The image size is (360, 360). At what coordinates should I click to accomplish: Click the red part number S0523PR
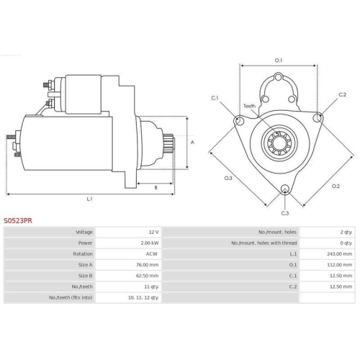tap(18, 220)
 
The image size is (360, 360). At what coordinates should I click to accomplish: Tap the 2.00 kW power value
tap(150, 243)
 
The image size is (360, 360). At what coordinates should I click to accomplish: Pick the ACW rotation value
tap(152, 254)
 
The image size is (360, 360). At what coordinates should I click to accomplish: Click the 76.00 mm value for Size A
tap(147, 265)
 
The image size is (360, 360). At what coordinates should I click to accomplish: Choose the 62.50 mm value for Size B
tap(147, 276)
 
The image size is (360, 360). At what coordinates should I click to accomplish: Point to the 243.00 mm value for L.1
tap(339, 254)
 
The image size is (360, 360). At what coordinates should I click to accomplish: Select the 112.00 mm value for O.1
tap(340, 265)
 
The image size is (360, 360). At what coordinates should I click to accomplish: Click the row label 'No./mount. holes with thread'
tap(264, 243)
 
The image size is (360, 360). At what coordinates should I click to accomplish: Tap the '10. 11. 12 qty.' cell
tap(143, 297)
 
